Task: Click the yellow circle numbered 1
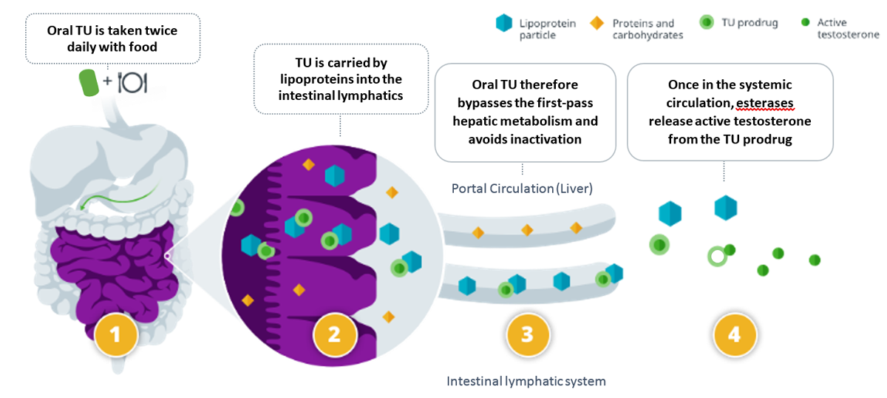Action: point(115,335)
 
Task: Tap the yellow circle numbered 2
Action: point(333,335)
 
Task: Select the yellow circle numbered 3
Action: point(527,335)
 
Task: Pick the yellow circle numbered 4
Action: point(734,335)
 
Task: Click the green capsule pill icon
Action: point(91,82)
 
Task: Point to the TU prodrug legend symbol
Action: point(707,23)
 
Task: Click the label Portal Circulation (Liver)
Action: point(522,189)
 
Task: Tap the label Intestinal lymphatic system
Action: point(526,382)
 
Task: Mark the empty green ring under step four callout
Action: point(716,257)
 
